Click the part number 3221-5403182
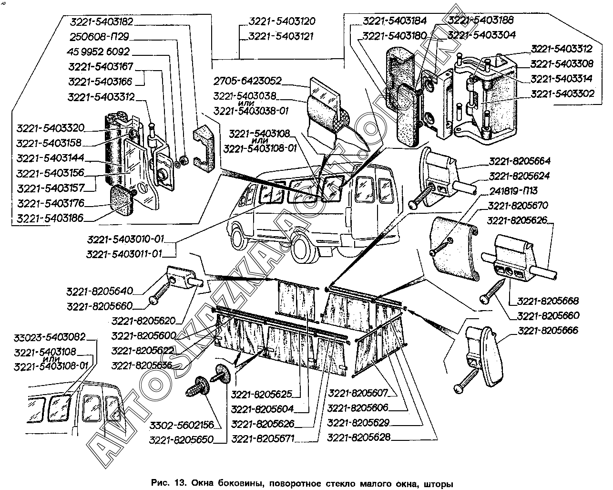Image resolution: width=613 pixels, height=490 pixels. [x=101, y=22]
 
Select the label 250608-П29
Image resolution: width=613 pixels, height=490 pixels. [x=99, y=37]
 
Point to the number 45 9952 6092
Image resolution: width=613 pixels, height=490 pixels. [x=99, y=52]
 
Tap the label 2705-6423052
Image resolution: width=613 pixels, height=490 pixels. [x=247, y=81]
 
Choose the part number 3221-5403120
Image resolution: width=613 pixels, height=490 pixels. [x=281, y=21]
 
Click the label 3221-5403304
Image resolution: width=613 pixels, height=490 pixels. [x=481, y=35]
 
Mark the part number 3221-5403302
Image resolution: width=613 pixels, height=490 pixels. [x=562, y=94]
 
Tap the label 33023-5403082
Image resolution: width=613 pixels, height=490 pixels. [x=49, y=337]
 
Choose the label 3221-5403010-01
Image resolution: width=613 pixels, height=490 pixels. [x=132, y=239]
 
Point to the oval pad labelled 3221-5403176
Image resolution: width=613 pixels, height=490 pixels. [x=122, y=199]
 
